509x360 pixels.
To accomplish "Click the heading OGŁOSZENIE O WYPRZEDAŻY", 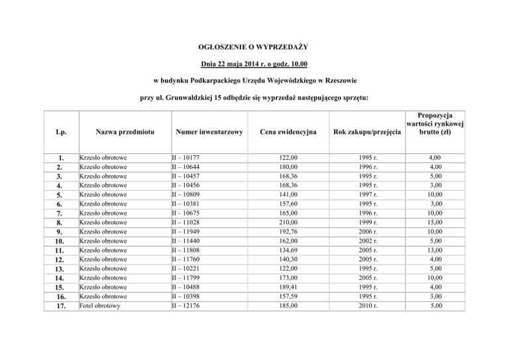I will point(254,47).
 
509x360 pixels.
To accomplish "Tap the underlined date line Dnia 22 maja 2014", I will point(254,64).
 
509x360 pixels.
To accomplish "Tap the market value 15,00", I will point(435,223).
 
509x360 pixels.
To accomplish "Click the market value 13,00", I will point(435,251).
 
